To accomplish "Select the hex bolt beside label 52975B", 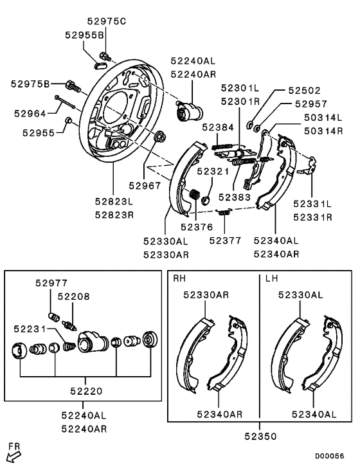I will pyautogui.click(x=72, y=84).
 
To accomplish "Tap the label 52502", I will pyautogui.click(x=304, y=91).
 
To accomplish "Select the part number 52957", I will pyautogui.click(x=311, y=103).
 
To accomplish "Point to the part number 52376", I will pyautogui.click(x=195, y=226).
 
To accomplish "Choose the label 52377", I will pyautogui.click(x=225, y=240).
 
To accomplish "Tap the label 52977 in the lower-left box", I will pyautogui.click(x=51, y=283).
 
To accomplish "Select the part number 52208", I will pyautogui.click(x=74, y=296).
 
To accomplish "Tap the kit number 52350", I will pyautogui.click(x=260, y=436).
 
